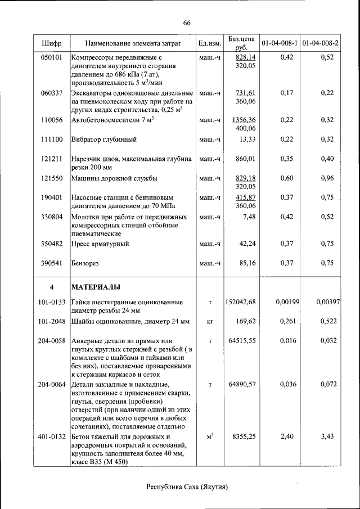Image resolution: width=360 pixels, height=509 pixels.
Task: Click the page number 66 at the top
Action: pos(187,23)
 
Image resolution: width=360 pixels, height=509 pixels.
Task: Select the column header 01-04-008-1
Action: pos(280,43)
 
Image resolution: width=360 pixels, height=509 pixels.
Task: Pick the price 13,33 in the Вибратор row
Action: pos(247,139)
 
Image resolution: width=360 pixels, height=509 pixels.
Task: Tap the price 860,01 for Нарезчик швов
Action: pos(246,159)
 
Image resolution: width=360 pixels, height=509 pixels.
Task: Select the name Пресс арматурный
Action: pos(100,244)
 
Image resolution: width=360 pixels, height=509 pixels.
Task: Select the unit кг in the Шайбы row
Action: pos(209,322)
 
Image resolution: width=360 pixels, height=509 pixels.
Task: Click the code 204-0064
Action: pos(52,384)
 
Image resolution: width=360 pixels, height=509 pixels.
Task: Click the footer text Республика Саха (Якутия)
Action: pos(187,487)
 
